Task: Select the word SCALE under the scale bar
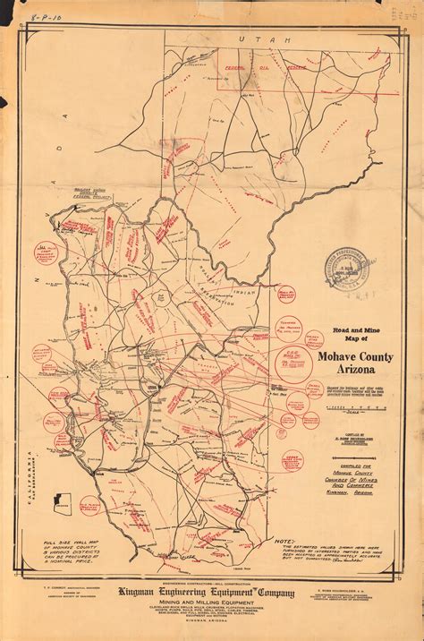(343, 412)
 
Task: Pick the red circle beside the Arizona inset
(90, 507)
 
